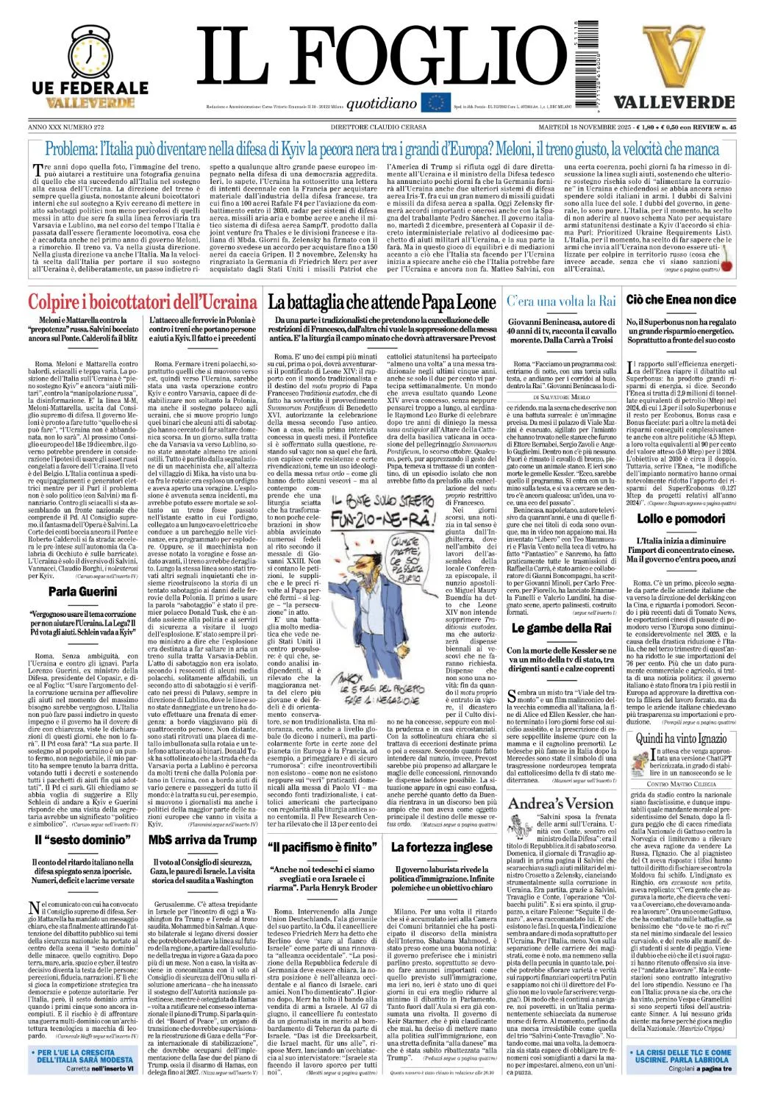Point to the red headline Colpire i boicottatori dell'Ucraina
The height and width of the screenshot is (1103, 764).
142,301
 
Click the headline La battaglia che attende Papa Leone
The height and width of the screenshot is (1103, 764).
382,301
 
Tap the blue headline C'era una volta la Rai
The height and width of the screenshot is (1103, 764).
561,301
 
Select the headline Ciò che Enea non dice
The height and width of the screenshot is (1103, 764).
681,299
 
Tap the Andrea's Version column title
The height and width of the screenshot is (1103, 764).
560,804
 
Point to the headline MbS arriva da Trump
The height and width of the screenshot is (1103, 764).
202,840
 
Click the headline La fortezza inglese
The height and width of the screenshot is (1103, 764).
441,847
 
